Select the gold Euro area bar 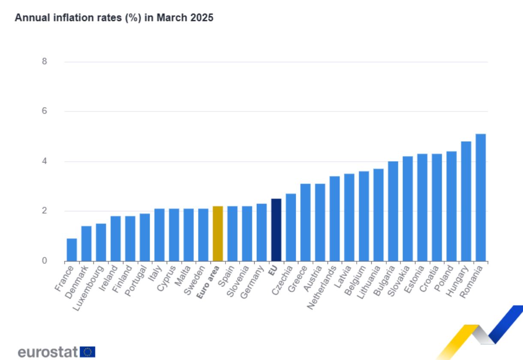(x=217, y=234)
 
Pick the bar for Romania (x=481, y=198)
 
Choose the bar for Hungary (x=466, y=201)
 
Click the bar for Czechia (x=291, y=228)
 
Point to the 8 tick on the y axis (x=45, y=62)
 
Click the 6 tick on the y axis (x=45, y=111)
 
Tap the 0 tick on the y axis (x=45, y=261)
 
